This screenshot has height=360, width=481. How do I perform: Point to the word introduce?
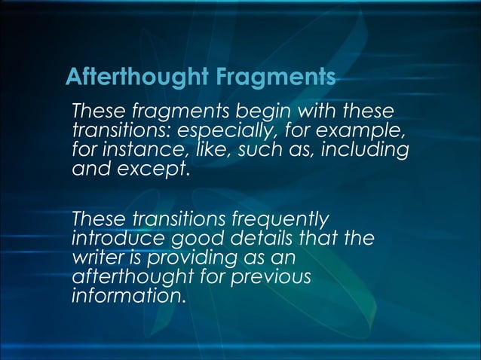pos(107,239)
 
